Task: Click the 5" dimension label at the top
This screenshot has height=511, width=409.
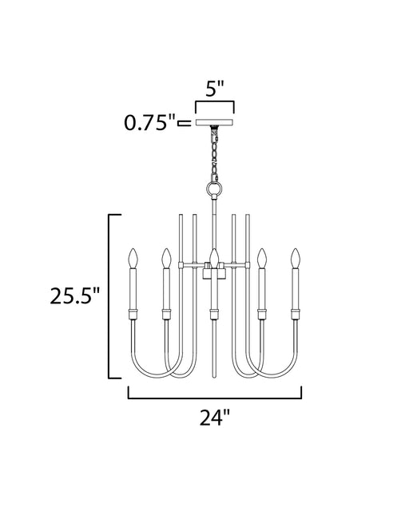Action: [x=215, y=89]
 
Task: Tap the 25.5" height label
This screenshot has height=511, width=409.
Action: [x=74, y=296]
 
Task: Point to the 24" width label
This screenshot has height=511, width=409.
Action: [x=215, y=418]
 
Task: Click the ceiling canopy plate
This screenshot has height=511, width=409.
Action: [x=215, y=122]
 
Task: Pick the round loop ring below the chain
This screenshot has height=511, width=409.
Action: [x=215, y=188]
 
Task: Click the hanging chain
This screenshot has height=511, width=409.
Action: [x=215, y=154]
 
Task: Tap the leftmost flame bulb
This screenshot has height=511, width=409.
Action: [x=133, y=259]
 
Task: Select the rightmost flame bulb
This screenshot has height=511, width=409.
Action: [x=296, y=259]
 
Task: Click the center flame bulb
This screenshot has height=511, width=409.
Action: [x=214, y=259]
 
